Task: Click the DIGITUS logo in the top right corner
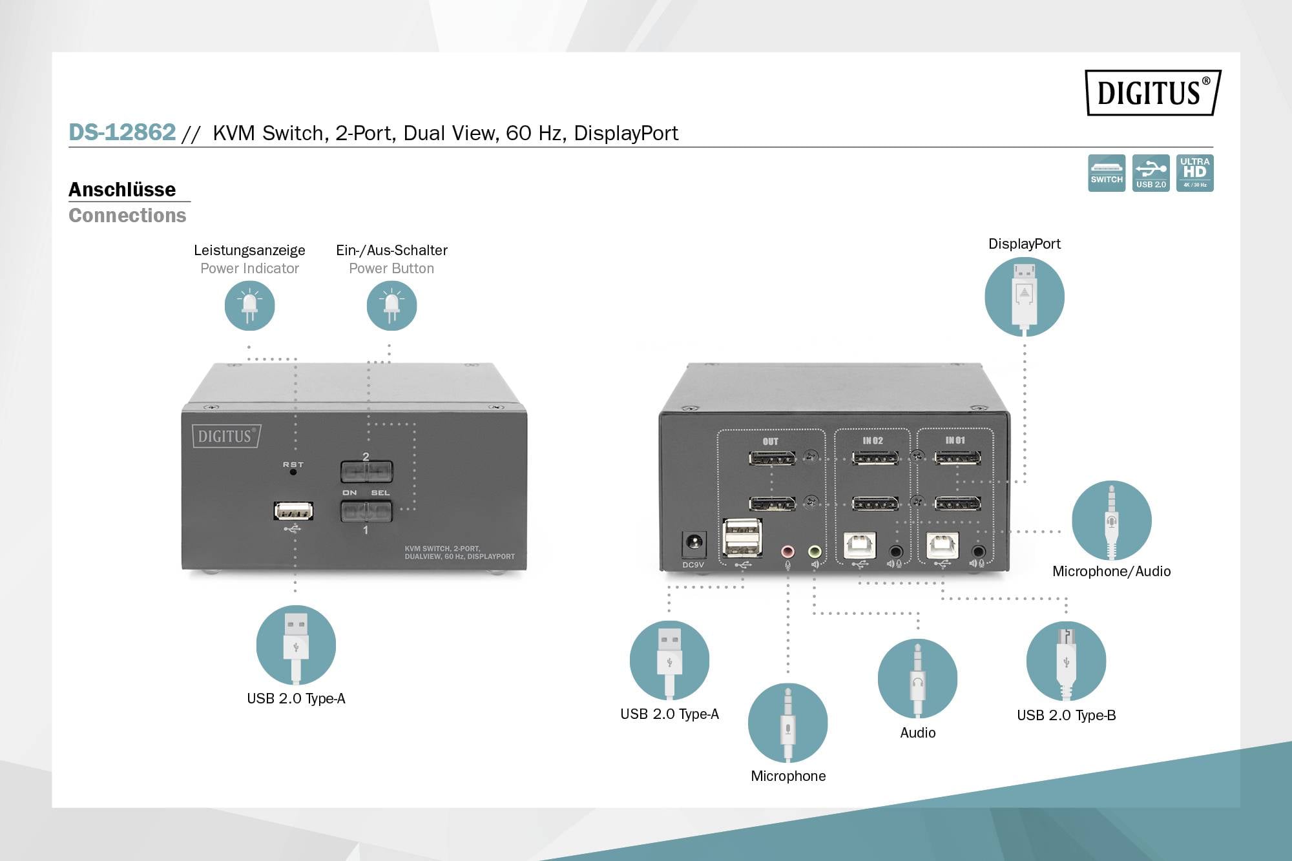click(x=1152, y=92)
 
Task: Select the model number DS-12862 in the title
click(x=122, y=132)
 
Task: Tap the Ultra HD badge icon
click(x=1194, y=172)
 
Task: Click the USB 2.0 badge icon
click(x=1151, y=172)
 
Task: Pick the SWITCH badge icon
click(x=1107, y=172)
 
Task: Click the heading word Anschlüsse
click(x=122, y=189)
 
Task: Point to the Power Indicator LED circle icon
click(x=249, y=306)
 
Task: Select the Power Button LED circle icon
click(x=391, y=306)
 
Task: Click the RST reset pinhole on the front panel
click(x=293, y=472)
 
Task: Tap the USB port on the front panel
click(x=293, y=511)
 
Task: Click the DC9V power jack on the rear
click(x=693, y=543)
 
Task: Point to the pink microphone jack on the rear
click(x=787, y=552)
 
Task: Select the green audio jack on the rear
click(x=815, y=552)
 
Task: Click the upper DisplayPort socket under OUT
click(x=772, y=459)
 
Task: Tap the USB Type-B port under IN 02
click(x=860, y=545)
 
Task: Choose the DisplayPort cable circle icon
click(x=1024, y=296)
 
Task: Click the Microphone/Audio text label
click(x=1111, y=571)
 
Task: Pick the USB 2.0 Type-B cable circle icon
click(x=1066, y=661)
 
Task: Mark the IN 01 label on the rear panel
click(x=955, y=441)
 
